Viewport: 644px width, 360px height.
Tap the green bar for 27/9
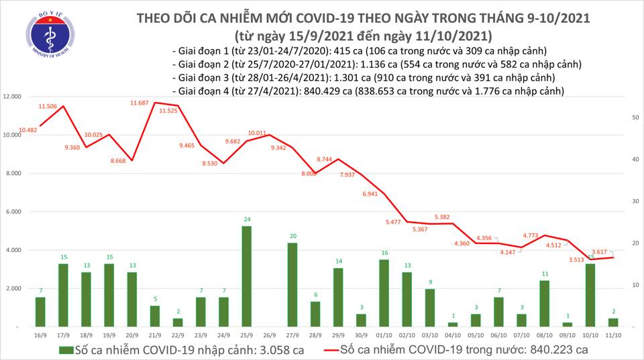(x=292, y=284)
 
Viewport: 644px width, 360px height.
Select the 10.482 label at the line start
(x=28, y=130)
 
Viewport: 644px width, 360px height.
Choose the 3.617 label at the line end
(x=600, y=251)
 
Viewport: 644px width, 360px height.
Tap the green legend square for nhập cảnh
(x=64, y=349)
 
